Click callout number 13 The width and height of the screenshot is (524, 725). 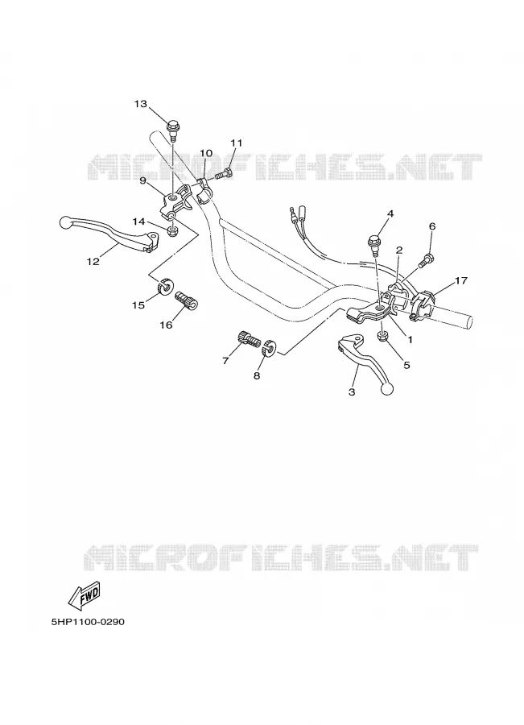(141, 104)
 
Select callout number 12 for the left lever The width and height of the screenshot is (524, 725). (93, 262)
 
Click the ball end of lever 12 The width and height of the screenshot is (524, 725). (66, 222)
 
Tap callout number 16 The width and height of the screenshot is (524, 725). (166, 325)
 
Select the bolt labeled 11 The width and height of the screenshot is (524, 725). (225, 175)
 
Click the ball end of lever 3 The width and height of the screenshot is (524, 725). (386, 390)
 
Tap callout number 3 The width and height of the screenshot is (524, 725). (352, 392)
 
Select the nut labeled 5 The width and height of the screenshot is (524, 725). (382, 337)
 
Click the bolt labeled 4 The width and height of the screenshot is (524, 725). (373, 243)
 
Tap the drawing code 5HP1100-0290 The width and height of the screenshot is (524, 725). (88, 621)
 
